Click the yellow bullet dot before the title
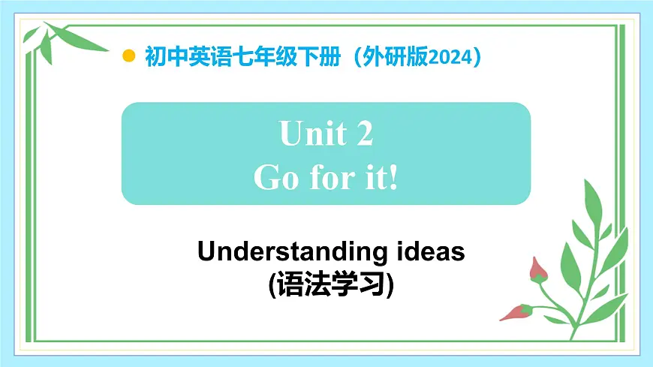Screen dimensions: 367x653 (129, 56)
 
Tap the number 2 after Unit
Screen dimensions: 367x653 (363, 135)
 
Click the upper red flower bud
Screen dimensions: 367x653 (537, 270)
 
